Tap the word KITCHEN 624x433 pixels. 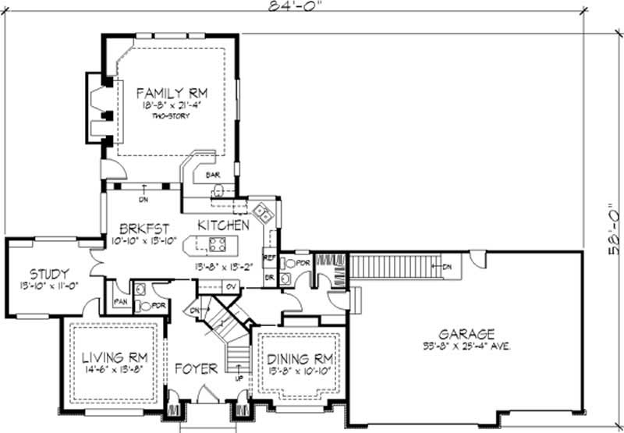[223, 225]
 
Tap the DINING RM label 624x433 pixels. [300, 359]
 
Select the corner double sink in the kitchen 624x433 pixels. [261, 212]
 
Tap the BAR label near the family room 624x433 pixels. [212, 175]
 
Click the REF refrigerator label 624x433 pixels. [270, 257]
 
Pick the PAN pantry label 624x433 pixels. [121, 300]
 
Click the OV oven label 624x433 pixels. [231, 286]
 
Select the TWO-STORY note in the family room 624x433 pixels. [172, 115]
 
